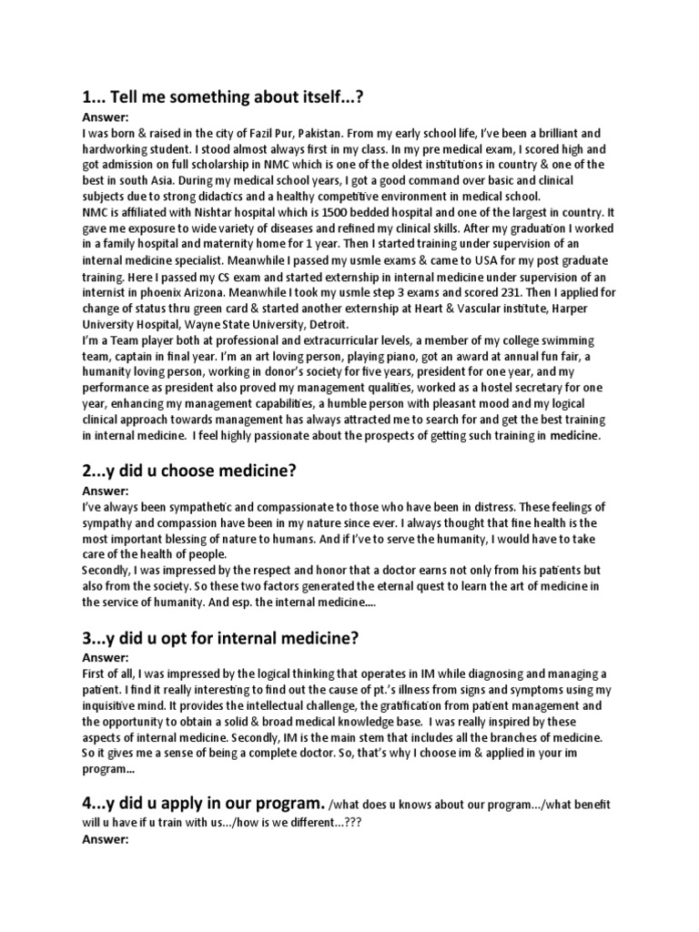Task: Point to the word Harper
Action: pyautogui.click(x=568, y=308)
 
